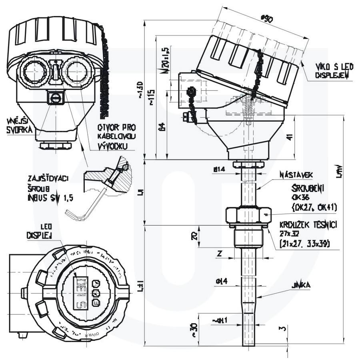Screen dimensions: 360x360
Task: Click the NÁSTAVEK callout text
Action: (296, 175)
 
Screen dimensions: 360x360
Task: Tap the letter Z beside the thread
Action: (219, 253)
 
